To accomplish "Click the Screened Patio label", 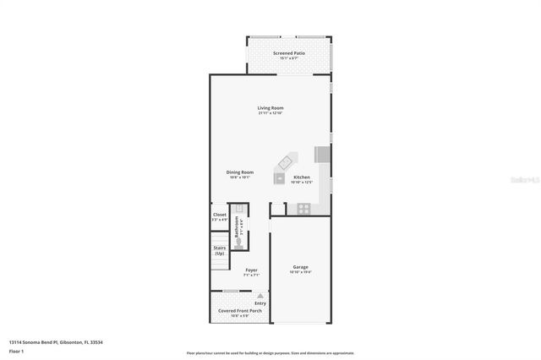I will point(288,53).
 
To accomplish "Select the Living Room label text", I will point(270,107).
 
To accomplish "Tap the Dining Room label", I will point(240,172).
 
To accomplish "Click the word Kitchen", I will point(302,177).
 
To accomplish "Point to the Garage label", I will point(301,266).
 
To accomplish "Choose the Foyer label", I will point(251,270).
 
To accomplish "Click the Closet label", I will point(219,215).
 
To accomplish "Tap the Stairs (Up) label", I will point(219,251).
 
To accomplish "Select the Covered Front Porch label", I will point(238,310).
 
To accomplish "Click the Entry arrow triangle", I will point(260,296).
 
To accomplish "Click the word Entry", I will point(260,303).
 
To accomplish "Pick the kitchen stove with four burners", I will point(303,208).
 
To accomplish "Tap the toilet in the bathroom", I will point(239,241).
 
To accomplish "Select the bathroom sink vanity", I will point(239,209).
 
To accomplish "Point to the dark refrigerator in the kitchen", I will point(321,154).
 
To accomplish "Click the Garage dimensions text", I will point(301,272).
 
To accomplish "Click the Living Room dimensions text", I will point(270,113).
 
